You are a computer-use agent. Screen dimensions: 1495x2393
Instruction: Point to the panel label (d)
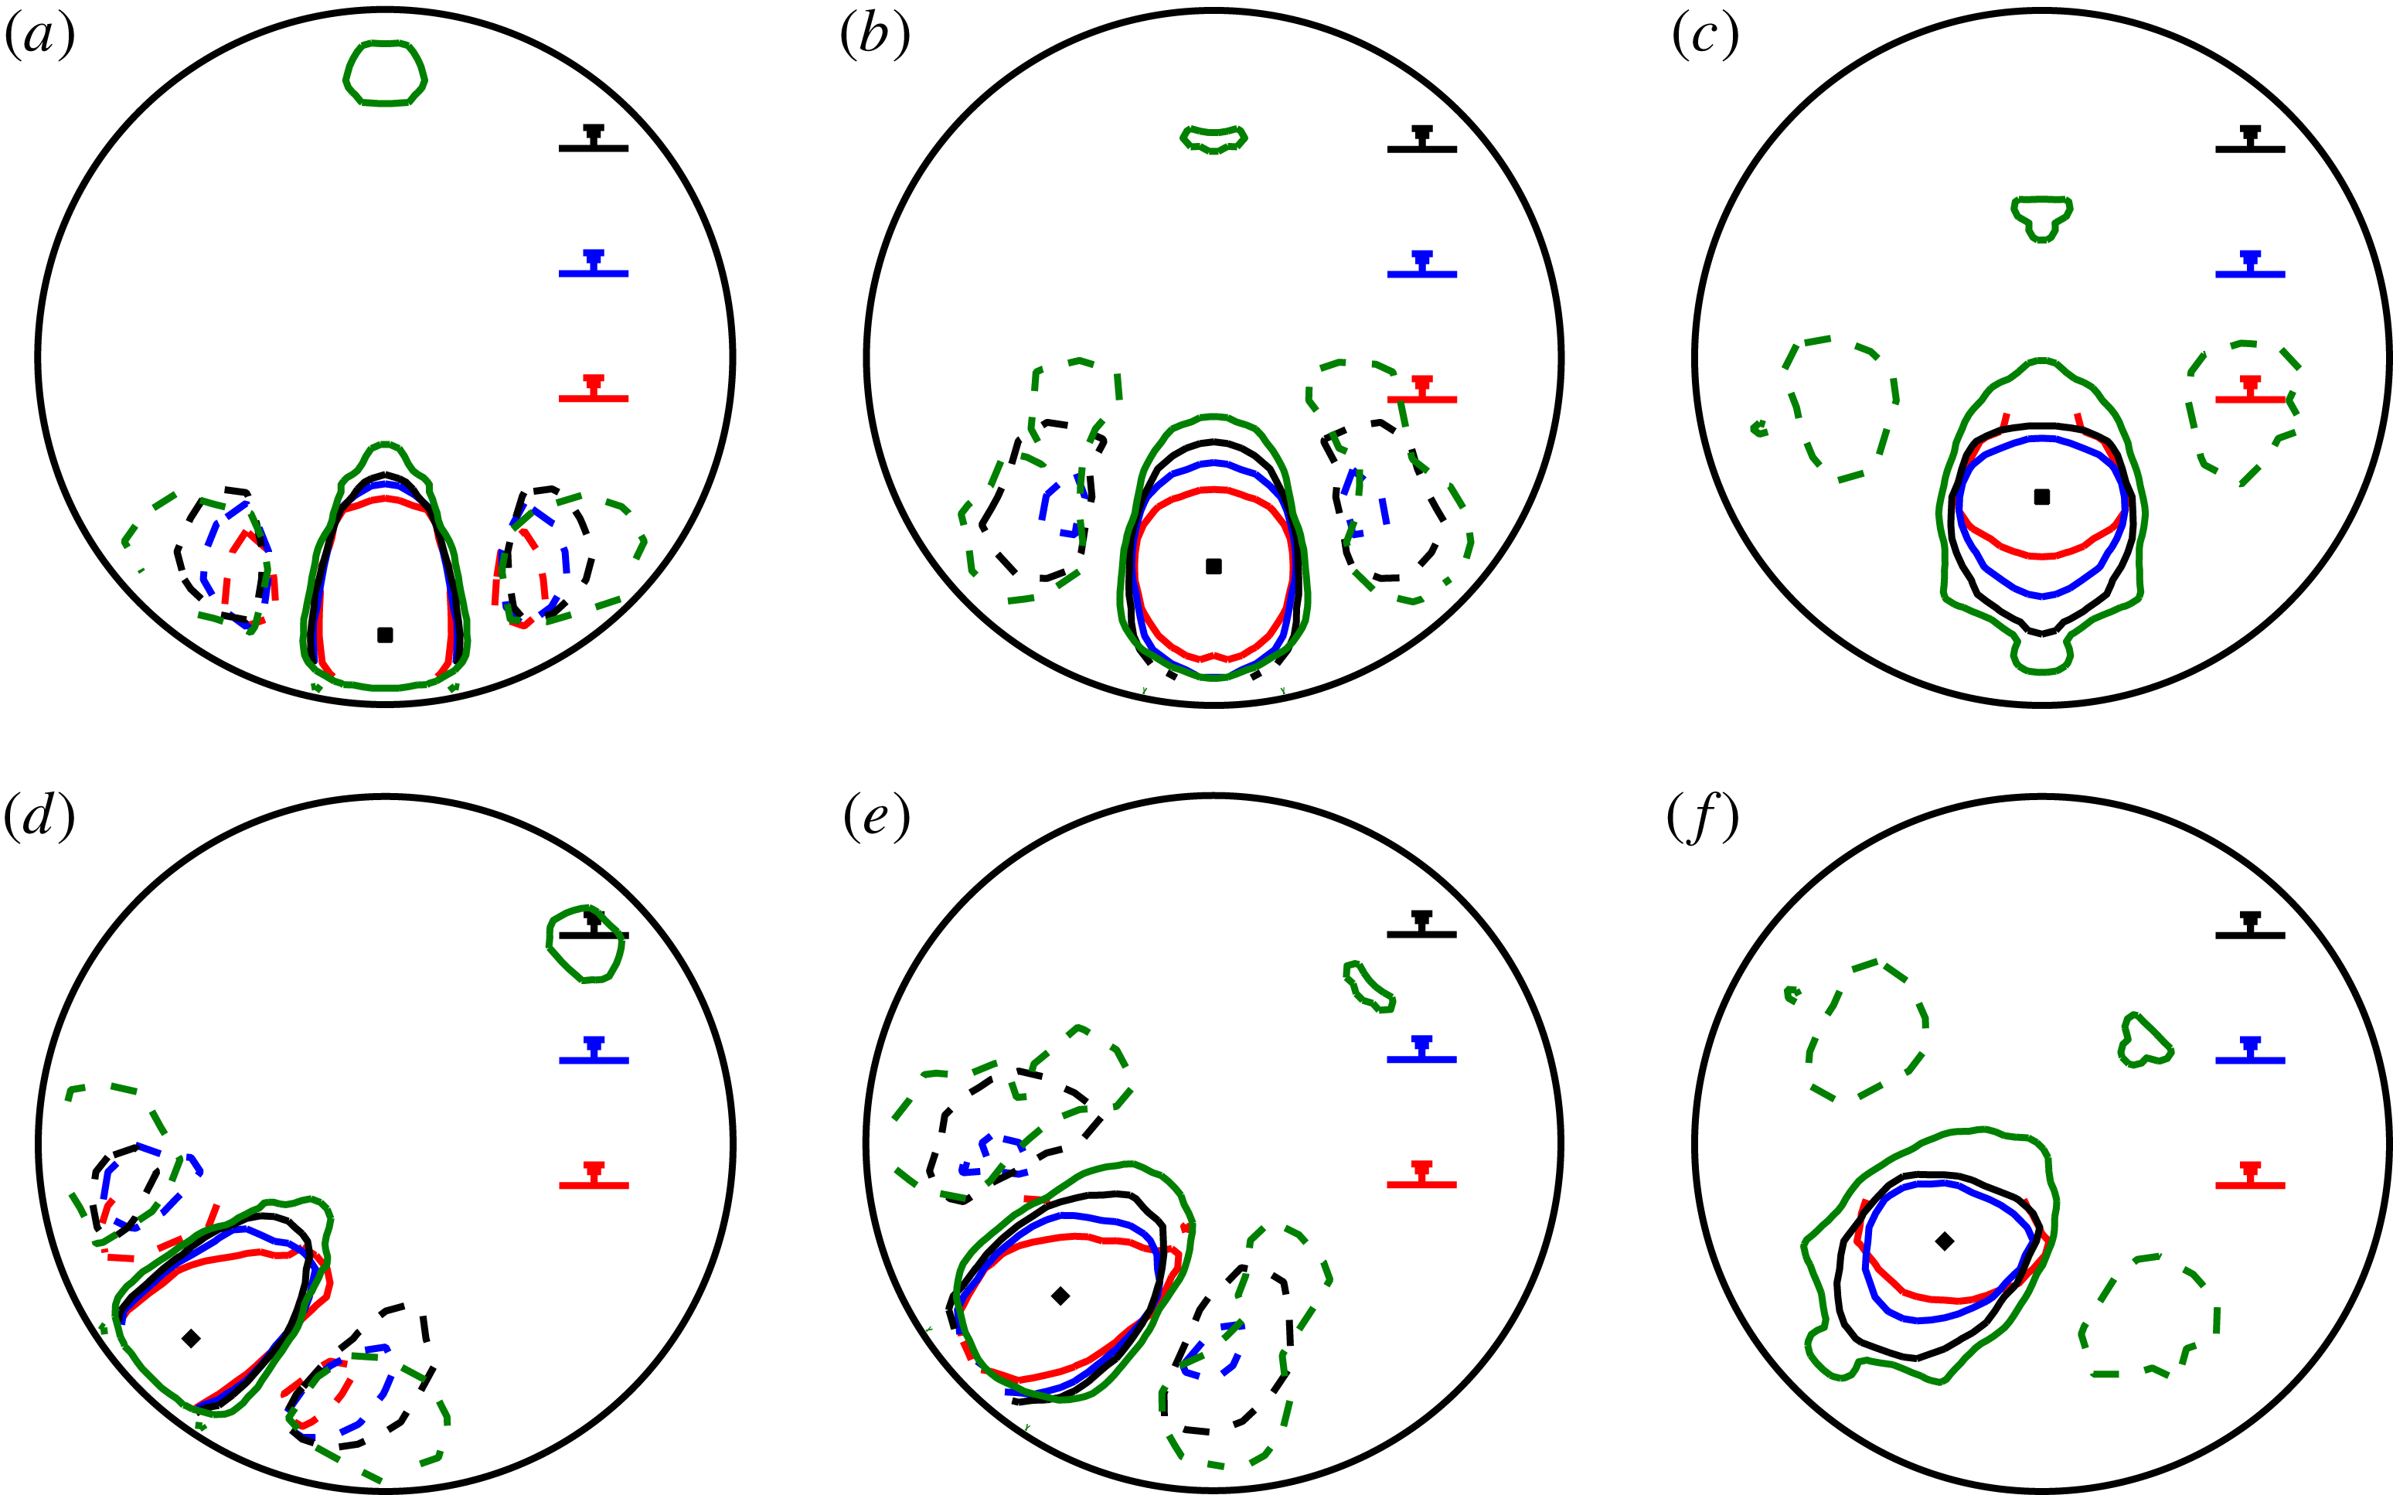click(x=40, y=818)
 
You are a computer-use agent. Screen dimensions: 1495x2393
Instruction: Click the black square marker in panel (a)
click(x=386, y=635)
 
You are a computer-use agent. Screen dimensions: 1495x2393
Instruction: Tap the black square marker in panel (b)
click(x=1214, y=567)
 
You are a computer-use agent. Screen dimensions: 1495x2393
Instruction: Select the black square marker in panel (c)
click(x=2042, y=496)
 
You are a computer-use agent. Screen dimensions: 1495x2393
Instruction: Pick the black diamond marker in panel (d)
click(x=192, y=1339)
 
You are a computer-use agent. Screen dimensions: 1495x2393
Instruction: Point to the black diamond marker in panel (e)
click(x=1060, y=1296)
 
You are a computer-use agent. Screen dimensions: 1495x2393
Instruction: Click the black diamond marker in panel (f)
click(x=1944, y=1241)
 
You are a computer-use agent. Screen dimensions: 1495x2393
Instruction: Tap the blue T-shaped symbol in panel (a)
click(x=593, y=265)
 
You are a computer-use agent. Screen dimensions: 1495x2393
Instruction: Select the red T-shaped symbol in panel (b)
click(x=1421, y=390)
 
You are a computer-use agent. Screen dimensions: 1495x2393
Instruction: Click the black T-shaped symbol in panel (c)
click(x=2251, y=141)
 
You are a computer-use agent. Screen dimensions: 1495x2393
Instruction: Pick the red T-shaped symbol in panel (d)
click(x=593, y=1177)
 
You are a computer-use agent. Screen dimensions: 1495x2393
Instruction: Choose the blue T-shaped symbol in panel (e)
click(x=1421, y=1051)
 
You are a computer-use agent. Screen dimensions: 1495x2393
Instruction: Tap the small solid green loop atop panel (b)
click(x=1214, y=138)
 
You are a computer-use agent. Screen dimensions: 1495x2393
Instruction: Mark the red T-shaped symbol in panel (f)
click(x=2251, y=1177)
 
